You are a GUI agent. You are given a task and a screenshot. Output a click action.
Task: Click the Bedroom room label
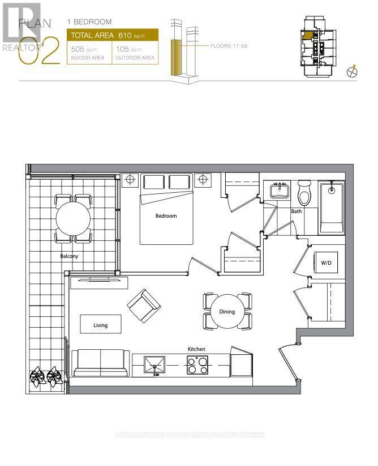(x=166, y=216)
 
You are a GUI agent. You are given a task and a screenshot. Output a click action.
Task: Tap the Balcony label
(x=69, y=256)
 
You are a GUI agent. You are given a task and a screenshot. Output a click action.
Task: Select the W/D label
(x=327, y=263)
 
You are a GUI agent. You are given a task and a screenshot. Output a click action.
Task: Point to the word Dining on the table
(x=227, y=312)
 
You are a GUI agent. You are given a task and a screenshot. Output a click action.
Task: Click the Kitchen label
(x=197, y=349)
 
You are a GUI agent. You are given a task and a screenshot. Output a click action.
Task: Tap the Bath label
(x=297, y=211)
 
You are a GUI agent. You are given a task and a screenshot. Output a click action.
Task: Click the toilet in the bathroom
(x=304, y=193)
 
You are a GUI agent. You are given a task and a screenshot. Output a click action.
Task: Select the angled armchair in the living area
(x=143, y=305)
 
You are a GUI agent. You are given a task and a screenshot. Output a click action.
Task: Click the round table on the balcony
(x=74, y=219)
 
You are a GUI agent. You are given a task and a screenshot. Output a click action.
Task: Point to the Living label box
(x=101, y=325)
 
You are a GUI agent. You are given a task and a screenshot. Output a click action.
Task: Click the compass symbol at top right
(x=352, y=73)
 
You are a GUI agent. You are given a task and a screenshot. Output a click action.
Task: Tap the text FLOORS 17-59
(x=229, y=45)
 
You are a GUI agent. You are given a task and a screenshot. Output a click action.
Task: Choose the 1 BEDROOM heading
(x=89, y=22)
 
